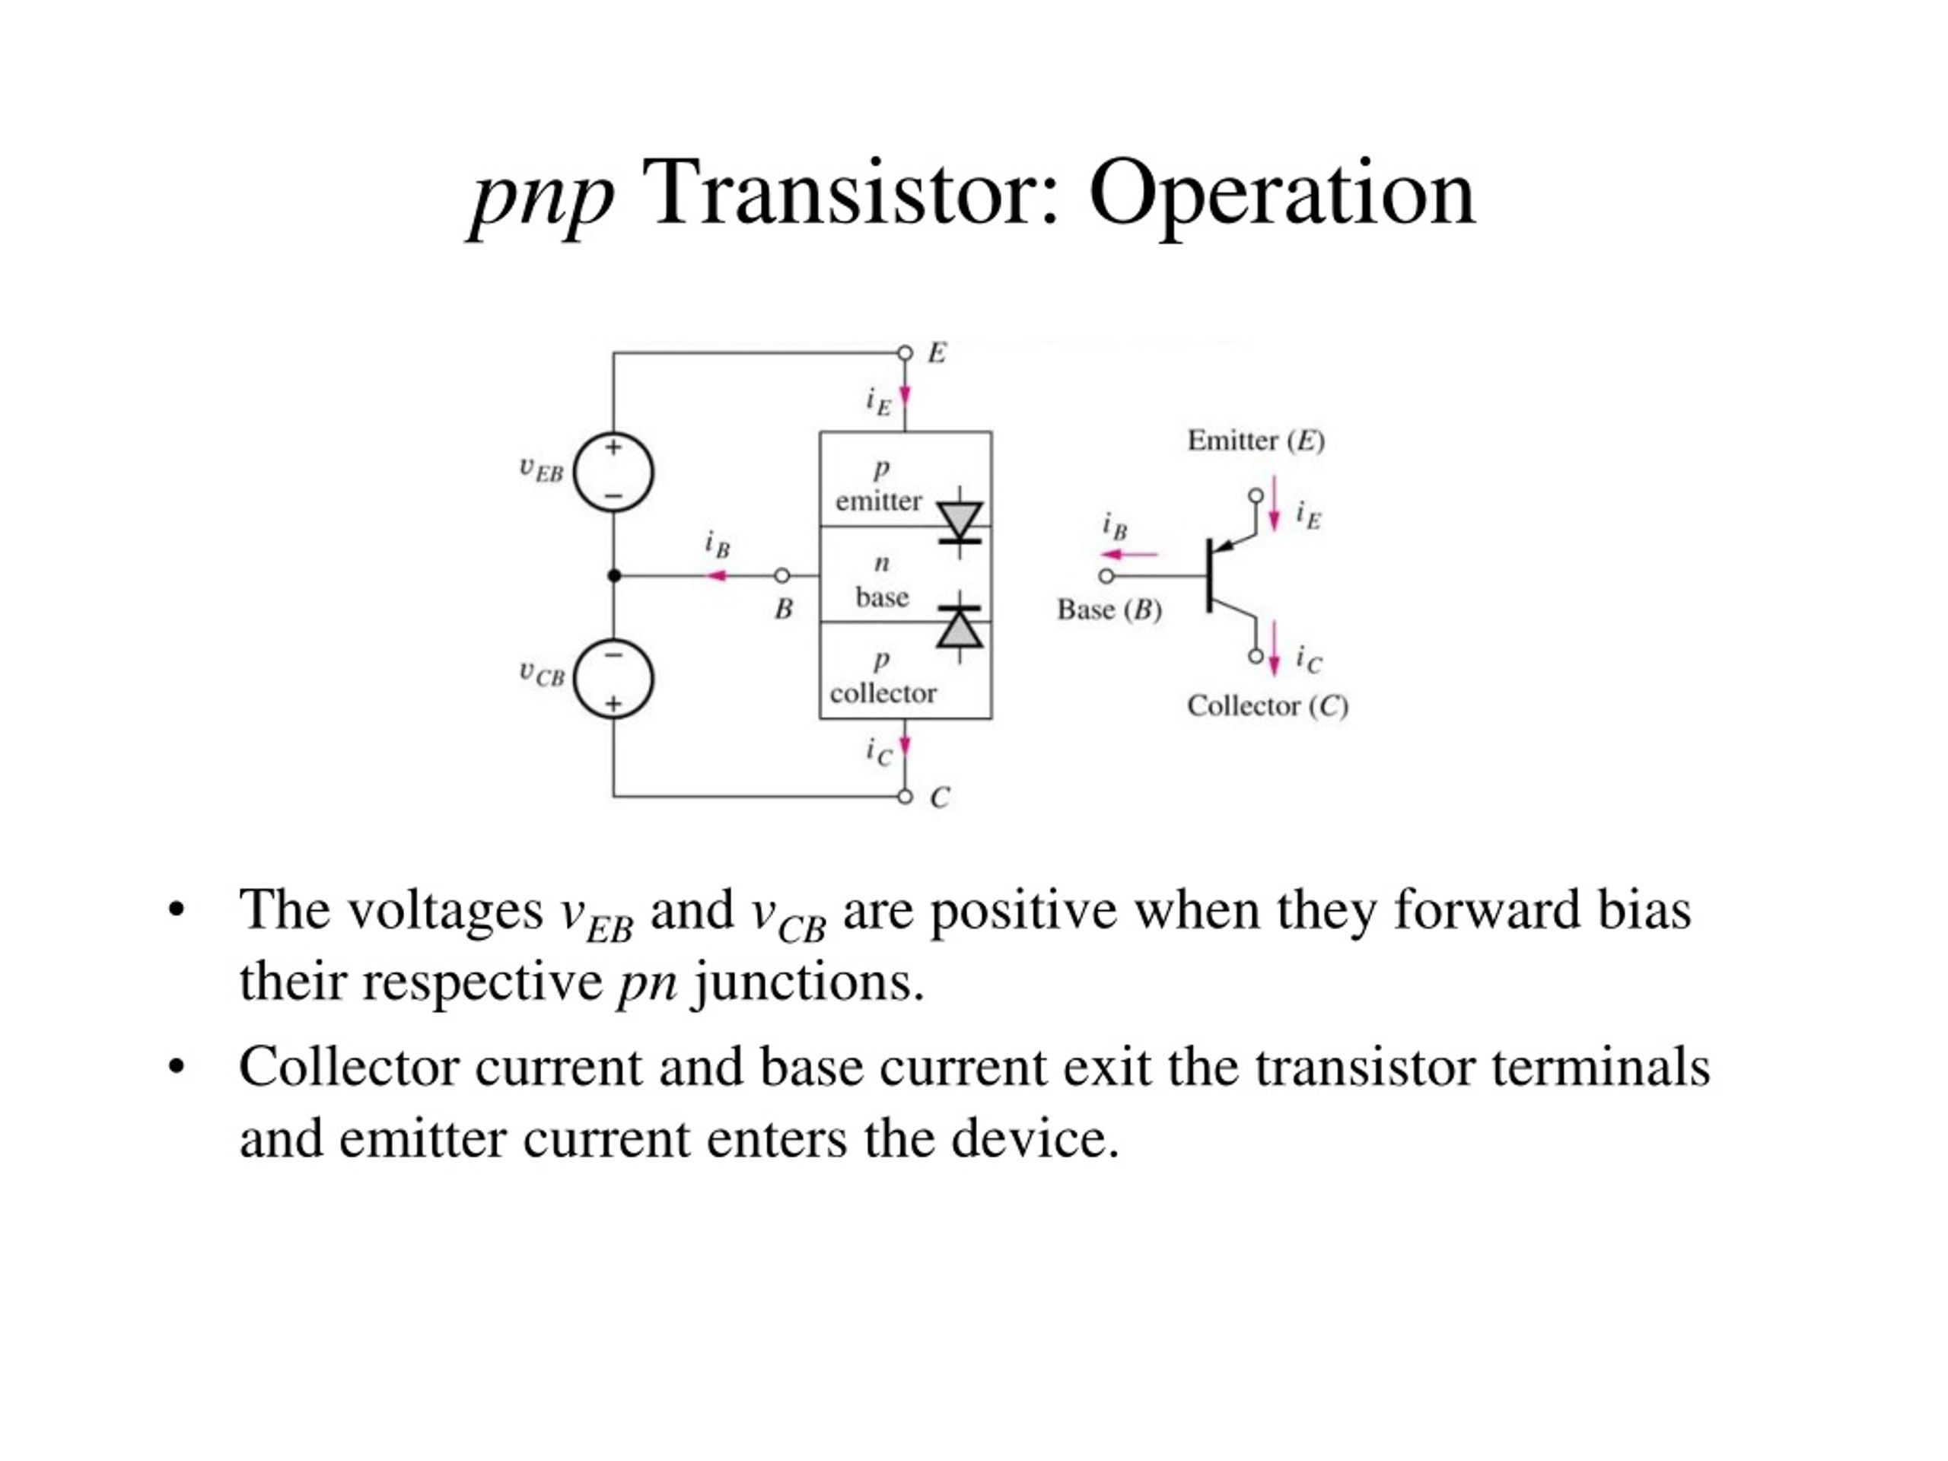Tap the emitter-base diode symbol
tap(959, 521)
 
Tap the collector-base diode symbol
tap(959, 627)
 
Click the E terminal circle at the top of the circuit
tap(905, 353)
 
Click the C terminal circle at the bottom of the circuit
tap(905, 797)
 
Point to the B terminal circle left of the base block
tap(782, 576)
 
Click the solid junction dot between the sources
tap(614, 576)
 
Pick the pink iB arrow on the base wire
tap(718, 576)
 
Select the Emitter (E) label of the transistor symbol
tap(1256, 441)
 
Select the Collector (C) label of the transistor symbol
tap(1267, 705)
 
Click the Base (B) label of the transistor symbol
tap(1109, 610)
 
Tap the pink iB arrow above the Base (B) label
tap(1130, 555)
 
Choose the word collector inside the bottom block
tap(883, 694)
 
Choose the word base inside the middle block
tap(881, 597)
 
